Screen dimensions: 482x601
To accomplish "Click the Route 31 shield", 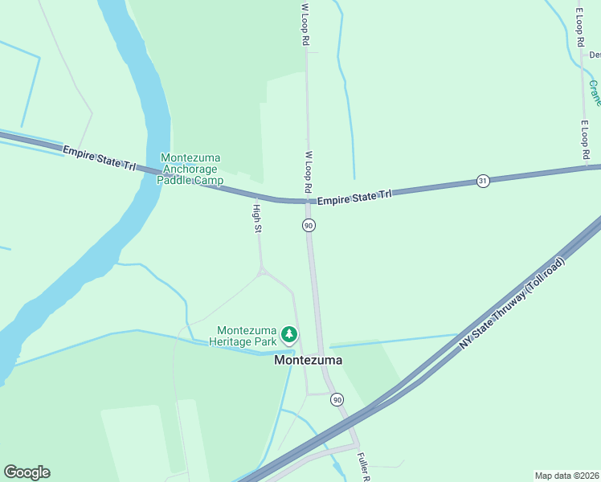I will pyautogui.click(x=482, y=181).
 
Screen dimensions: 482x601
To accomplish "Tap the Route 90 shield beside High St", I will pyautogui.click(x=309, y=226).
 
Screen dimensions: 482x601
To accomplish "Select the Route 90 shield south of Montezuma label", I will pyautogui.click(x=337, y=399).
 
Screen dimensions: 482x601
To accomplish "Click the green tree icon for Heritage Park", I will pyautogui.click(x=288, y=334).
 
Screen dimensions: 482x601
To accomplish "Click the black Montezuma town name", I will pyautogui.click(x=308, y=361).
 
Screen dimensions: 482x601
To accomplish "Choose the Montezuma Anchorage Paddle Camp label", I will pyautogui.click(x=192, y=169).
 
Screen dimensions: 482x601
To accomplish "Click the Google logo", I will pyautogui.click(x=27, y=472).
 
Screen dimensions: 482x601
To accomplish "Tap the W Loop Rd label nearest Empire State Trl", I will pyautogui.click(x=308, y=172).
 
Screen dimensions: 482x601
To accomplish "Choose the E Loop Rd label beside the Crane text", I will pyautogui.click(x=585, y=139).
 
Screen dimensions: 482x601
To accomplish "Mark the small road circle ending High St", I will pyautogui.click(x=261, y=273).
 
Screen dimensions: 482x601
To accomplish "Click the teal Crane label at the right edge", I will pyautogui.click(x=595, y=93).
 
